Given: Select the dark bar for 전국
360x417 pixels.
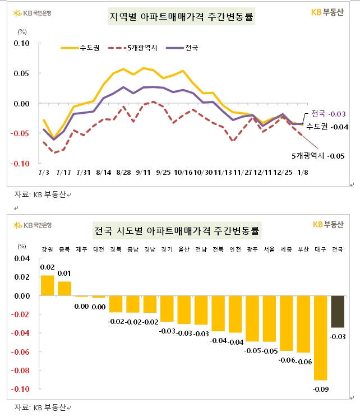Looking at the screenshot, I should [x=338, y=312].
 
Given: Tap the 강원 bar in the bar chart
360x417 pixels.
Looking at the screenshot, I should [x=48, y=285].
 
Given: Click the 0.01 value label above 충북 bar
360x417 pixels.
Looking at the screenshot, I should [x=65, y=273].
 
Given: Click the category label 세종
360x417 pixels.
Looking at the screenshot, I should [x=287, y=249].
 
